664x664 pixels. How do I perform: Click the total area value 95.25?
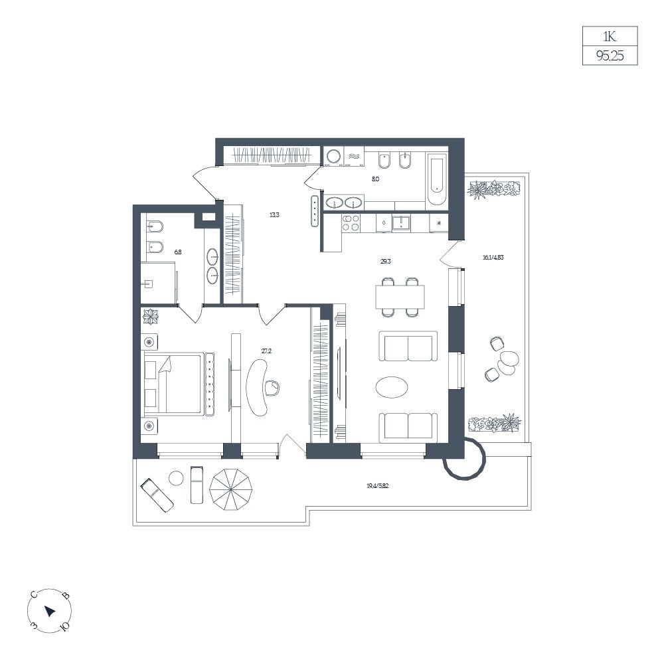(610, 56)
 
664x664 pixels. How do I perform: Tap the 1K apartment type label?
(610, 37)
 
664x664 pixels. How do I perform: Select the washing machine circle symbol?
(334, 156)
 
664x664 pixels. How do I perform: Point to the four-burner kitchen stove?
(351, 222)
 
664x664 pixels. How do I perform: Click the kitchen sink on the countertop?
(400, 222)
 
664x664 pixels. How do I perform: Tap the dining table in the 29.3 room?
(400, 297)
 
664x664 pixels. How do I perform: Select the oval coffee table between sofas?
(392, 387)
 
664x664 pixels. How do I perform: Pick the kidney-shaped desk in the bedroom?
(257, 387)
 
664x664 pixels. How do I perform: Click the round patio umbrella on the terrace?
(231, 491)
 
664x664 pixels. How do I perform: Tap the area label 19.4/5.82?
(377, 486)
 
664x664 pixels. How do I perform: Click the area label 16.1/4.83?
(493, 257)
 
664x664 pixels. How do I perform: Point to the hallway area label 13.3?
(274, 214)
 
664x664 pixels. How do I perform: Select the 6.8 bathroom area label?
(178, 252)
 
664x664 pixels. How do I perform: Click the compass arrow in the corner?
(50, 611)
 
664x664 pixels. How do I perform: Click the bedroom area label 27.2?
(266, 351)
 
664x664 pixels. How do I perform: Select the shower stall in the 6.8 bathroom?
(157, 283)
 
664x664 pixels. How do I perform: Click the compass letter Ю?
(65, 626)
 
